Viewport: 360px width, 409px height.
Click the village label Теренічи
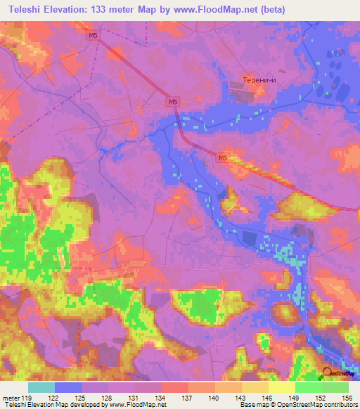[258, 80]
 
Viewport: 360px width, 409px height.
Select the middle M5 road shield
[173, 102]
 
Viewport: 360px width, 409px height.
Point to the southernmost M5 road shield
[222, 159]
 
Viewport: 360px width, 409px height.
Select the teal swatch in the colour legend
[41, 387]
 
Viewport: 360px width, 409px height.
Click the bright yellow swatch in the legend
[282, 387]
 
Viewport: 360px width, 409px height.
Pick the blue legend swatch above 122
[68, 387]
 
